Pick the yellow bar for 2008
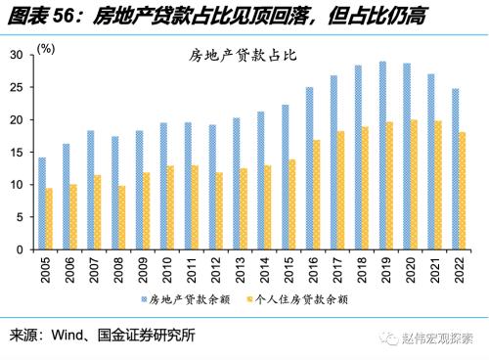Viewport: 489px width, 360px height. pos(122,218)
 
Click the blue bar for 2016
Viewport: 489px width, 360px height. pos(310,168)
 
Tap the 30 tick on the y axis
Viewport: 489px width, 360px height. pos(17,56)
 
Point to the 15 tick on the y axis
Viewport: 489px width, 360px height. pos(17,153)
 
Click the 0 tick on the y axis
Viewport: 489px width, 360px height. pos(21,249)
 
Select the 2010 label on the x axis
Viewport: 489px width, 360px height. pos(168,270)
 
